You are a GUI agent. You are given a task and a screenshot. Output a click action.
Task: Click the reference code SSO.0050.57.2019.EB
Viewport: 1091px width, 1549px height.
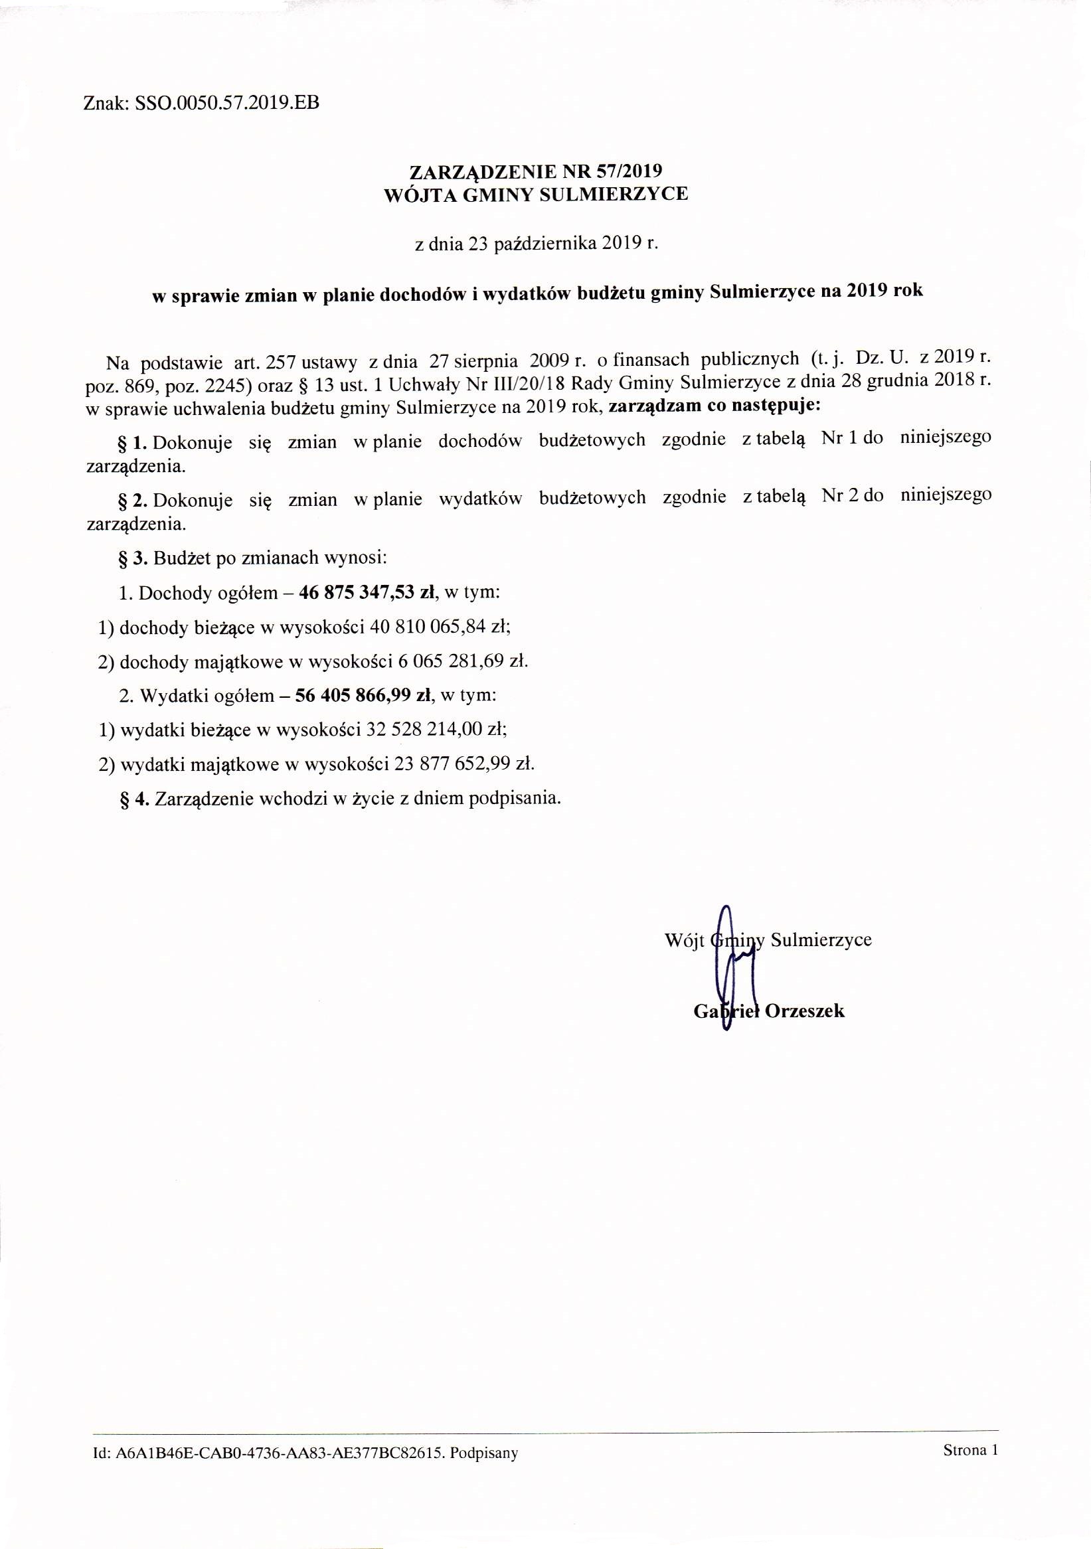pos(226,103)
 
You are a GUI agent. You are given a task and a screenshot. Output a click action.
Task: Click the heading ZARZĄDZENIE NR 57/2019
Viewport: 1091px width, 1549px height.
pos(537,171)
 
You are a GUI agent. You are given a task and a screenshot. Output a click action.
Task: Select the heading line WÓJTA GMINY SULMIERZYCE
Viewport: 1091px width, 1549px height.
pos(537,195)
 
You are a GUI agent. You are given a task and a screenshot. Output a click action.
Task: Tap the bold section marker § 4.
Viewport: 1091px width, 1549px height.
pos(133,799)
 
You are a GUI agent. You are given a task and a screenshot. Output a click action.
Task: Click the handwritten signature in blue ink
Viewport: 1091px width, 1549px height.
pos(728,971)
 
